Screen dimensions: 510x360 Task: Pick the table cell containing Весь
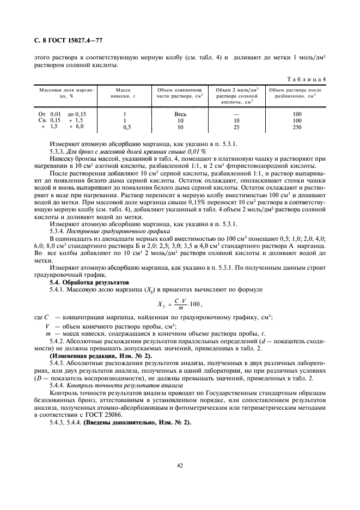pos(180,114)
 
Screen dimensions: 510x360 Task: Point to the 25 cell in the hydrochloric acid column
pos(236,126)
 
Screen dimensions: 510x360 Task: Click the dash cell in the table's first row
pos(236,114)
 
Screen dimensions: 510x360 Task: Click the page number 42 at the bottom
pos(180,465)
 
